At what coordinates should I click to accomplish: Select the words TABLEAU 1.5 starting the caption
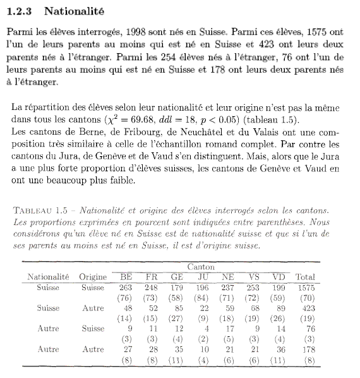point(42,209)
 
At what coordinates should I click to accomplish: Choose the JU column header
point(203,277)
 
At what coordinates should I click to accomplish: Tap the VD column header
point(279,277)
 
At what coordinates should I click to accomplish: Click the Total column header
point(306,277)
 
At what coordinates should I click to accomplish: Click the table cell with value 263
point(125,288)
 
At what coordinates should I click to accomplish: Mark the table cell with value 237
point(228,288)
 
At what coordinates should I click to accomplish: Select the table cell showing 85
point(179,308)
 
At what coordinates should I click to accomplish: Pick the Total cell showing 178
point(306,349)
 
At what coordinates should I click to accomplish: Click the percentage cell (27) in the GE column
point(177,319)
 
